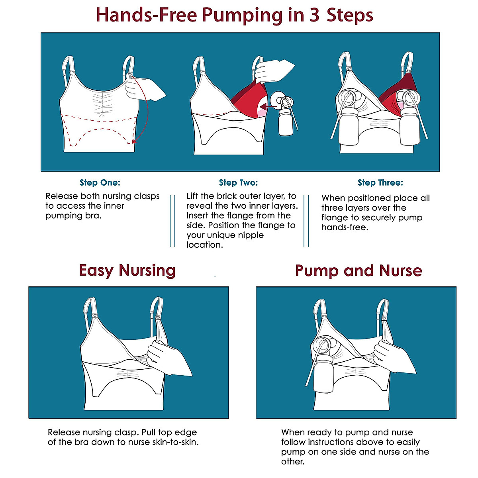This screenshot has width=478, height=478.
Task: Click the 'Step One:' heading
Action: click(100, 183)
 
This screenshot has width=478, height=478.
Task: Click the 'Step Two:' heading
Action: click(238, 183)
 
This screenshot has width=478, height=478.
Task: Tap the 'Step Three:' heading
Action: click(380, 183)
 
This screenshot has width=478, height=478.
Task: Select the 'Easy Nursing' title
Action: click(127, 270)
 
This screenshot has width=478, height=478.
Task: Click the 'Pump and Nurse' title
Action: click(358, 271)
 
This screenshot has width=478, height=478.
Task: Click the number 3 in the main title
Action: click(314, 15)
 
